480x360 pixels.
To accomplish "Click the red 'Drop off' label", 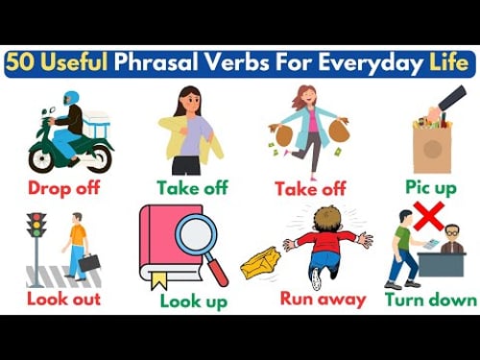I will tap(62, 187).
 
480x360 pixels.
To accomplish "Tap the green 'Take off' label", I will tap(191, 187).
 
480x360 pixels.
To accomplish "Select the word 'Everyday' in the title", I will tap(374, 63).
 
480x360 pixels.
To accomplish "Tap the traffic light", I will tap(36, 227).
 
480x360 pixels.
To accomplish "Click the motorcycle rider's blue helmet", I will tap(71, 98).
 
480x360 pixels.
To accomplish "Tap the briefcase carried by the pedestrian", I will tap(89, 261).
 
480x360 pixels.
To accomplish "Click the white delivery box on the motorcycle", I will tap(97, 121).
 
